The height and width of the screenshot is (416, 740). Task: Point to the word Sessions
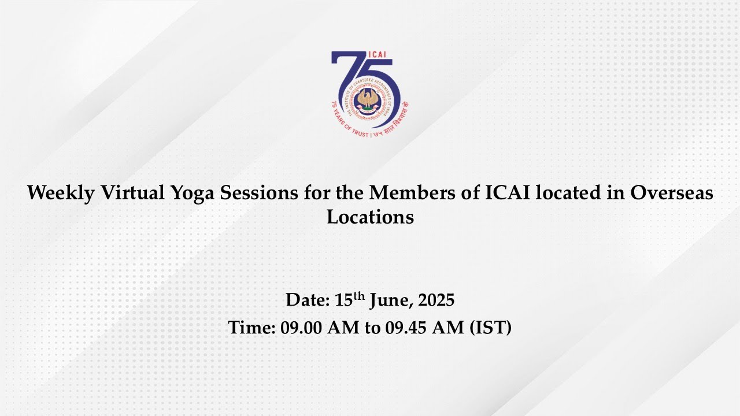point(259,192)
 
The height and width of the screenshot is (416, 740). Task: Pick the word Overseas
point(671,192)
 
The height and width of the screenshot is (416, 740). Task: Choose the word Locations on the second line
point(371,217)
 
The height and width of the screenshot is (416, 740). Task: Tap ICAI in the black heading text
point(508,192)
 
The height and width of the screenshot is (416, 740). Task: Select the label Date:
point(308,300)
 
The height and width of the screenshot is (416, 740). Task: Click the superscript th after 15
point(360,296)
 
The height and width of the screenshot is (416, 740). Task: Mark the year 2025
point(436,300)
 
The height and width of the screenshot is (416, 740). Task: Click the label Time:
point(251,327)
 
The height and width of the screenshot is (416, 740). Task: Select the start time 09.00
point(301,328)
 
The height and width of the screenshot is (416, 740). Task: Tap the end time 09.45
point(406,328)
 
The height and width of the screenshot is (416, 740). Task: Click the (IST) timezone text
point(491,328)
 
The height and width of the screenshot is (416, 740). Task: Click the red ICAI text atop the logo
point(376,55)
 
